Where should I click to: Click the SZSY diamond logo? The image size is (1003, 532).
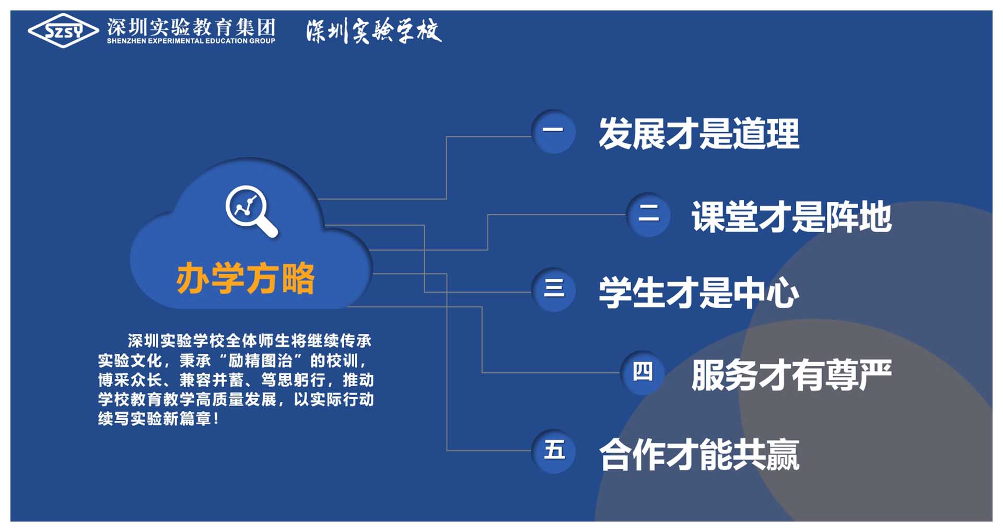63,31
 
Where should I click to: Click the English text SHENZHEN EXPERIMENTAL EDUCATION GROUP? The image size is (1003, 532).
191,41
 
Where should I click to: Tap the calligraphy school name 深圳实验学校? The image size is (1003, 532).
374,31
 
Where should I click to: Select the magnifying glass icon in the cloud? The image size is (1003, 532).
251,211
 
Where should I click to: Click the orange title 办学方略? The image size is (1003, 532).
246,278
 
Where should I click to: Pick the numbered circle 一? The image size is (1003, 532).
553,131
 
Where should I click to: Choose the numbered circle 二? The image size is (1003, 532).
648,214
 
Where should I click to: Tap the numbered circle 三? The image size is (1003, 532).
553,290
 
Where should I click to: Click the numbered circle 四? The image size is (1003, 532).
643,373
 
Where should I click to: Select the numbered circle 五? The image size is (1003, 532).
553,452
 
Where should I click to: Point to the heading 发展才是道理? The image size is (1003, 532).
699,133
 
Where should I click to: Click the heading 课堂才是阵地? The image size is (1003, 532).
791,216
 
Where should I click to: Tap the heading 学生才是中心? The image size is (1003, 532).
699,292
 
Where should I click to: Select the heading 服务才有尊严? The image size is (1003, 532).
791,375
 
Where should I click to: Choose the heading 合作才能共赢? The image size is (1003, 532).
699,454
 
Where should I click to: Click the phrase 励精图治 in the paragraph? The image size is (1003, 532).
260,361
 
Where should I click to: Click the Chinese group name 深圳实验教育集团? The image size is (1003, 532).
191,27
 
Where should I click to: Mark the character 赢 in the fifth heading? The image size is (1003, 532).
783,454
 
